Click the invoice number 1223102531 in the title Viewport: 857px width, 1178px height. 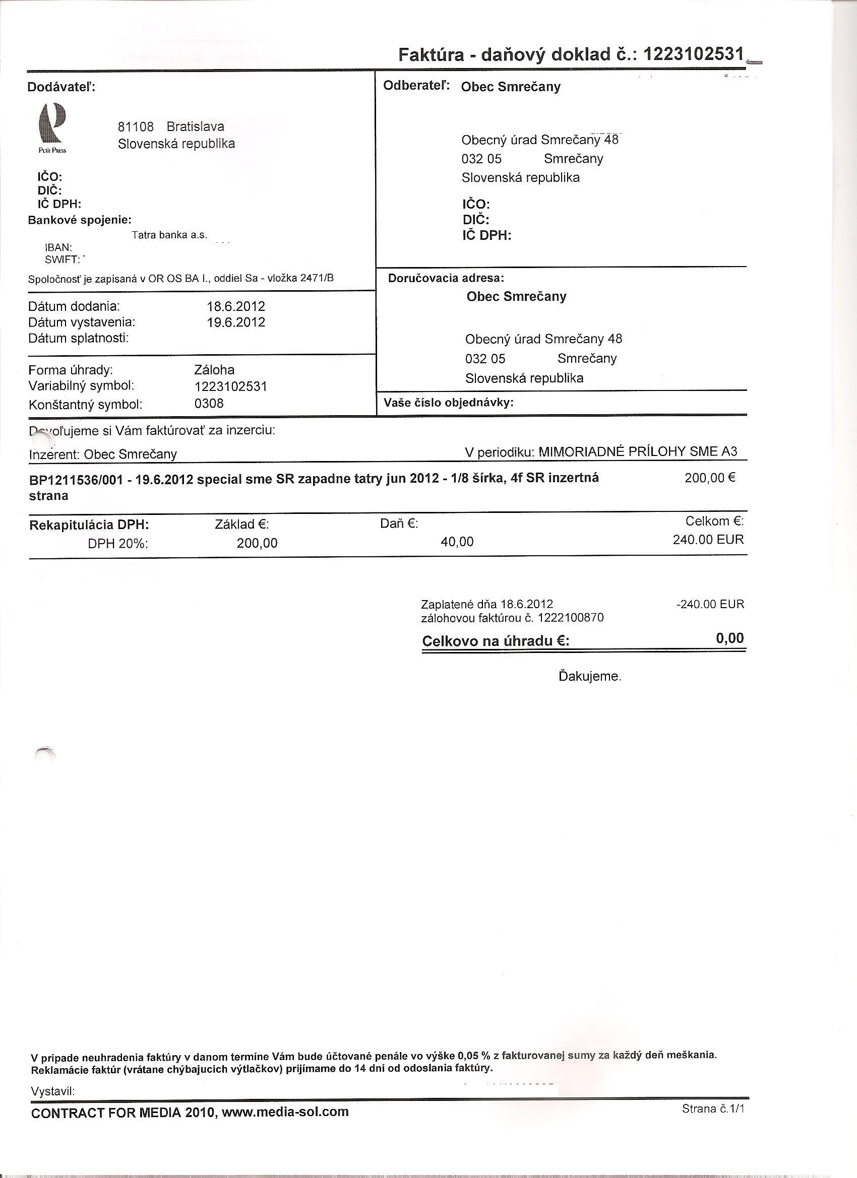tap(693, 53)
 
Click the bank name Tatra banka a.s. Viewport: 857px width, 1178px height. tap(169, 235)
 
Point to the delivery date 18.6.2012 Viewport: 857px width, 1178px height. tap(236, 306)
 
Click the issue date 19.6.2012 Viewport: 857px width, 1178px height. tap(236, 322)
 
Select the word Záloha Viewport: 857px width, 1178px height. tap(214, 370)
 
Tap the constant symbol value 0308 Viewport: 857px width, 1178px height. tap(209, 404)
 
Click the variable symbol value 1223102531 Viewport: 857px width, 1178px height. tap(230, 387)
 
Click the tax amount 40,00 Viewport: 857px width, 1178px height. tap(457, 542)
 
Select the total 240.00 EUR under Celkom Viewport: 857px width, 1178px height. tap(708, 540)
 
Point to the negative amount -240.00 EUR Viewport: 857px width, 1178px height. tap(710, 605)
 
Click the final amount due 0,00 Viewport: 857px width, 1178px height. tap(729, 638)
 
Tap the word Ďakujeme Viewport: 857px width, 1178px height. tap(590, 677)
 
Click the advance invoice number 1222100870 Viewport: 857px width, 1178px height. tap(571, 618)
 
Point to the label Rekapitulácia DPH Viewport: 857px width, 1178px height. tap(89, 525)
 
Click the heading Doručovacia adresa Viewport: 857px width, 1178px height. tap(446, 279)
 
